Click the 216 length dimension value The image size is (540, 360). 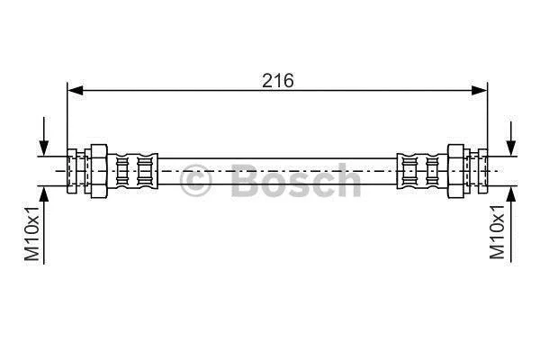coord(278,81)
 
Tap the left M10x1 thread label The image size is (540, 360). coord(31,234)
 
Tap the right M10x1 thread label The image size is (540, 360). coord(497,232)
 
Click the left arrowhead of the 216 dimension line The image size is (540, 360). coord(76,91)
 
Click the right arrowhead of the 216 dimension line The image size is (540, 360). coord(480,91)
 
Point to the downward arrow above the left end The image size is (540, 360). coord(44,137)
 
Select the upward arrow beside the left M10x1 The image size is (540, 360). coord(44,225)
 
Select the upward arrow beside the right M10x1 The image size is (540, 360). coord(511,225)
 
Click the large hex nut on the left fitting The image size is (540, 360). coord(99,171)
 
